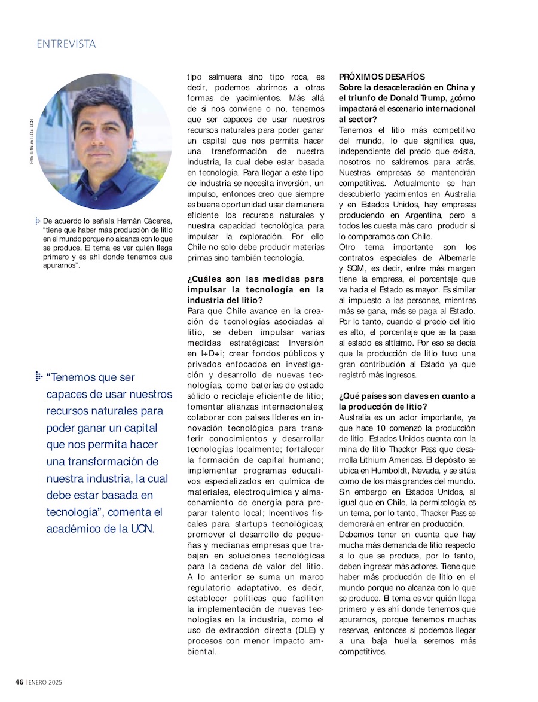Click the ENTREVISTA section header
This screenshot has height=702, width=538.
click(x=66, y=44)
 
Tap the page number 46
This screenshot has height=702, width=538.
click(x=19, y=682)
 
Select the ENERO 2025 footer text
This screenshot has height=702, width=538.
click(x=45, y=682)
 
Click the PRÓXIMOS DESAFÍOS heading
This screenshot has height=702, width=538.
click(x=382, y=77)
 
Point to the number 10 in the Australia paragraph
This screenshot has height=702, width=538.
click(x=381, y=428)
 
